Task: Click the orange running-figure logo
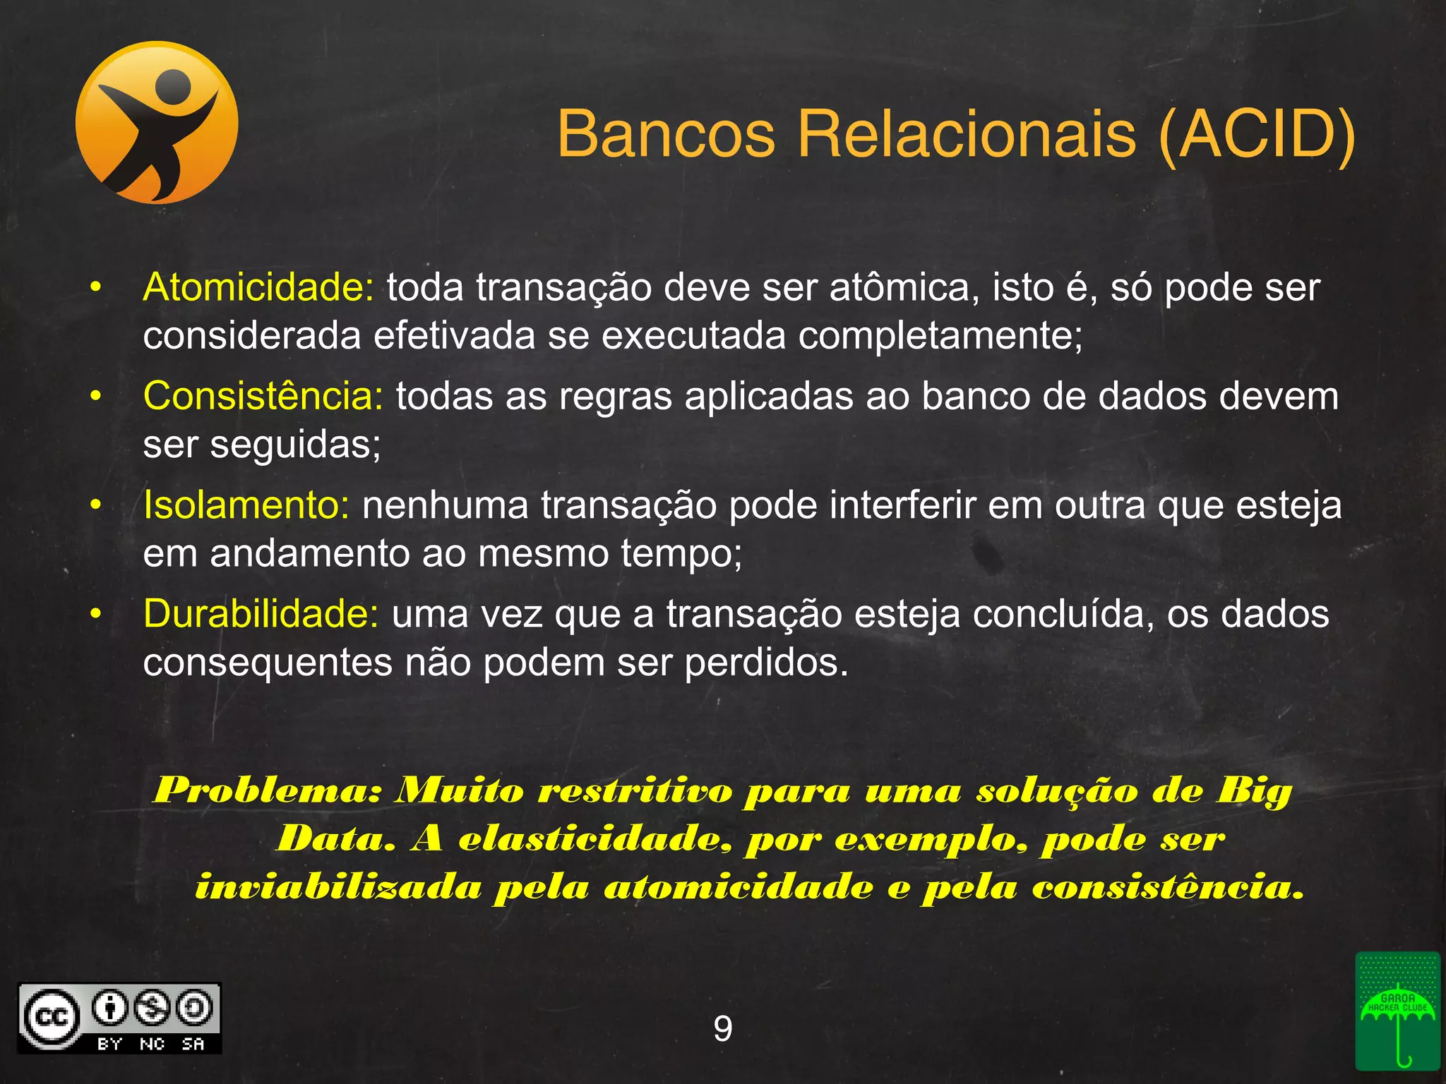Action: coord(157,123)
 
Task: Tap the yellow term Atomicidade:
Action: coord(258,288)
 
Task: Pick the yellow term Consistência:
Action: coord(263,396)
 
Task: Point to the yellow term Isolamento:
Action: coord(246,505)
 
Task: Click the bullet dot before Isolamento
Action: coord(96,505)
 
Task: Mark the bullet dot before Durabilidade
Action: coord(96,614)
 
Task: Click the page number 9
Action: coord(723,1029)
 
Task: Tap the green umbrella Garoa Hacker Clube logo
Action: coord(1397,1020)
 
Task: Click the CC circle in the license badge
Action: coord(51,1017)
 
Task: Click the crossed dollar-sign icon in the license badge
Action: coord(152,1007)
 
